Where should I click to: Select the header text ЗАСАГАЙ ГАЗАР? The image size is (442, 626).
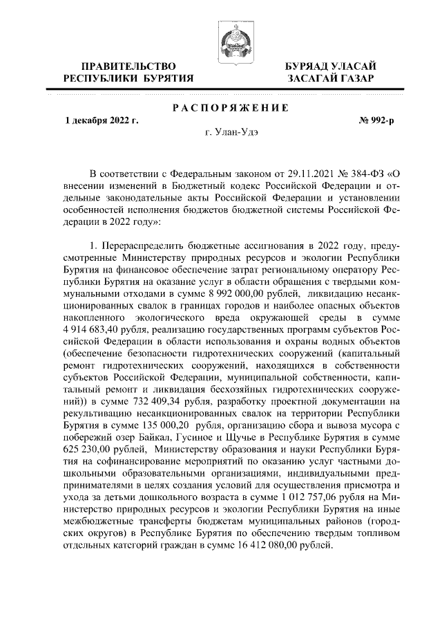(331, 79)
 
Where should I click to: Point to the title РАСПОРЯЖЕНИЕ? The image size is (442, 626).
(230, 107)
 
